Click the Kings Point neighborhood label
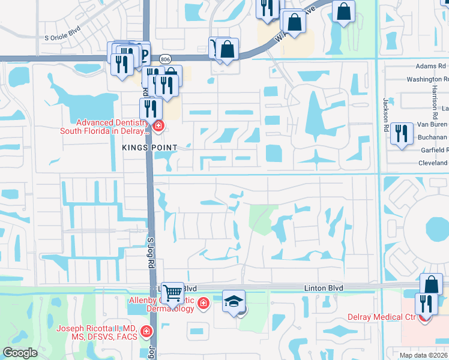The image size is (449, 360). point(150,148)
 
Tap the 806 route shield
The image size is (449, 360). point(166,58)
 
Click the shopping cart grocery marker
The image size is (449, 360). point(173,292)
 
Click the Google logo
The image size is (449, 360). point(20,353)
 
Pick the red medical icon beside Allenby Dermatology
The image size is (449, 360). point(203,303)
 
